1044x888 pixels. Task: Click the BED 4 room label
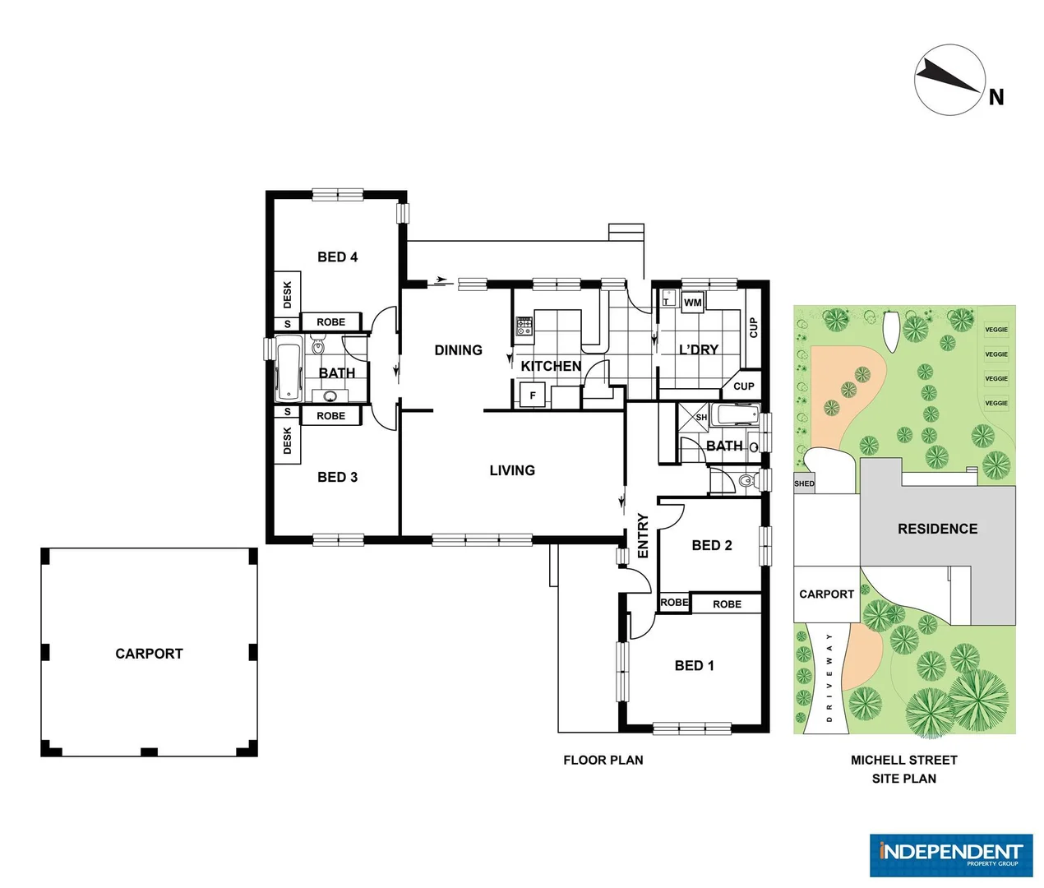coord(337,257)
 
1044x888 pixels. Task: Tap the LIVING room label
coord(512,470)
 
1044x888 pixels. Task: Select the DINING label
coord(458,350)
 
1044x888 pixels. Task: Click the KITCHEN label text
coord(551,366)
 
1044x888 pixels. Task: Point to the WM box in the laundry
coord(693,303)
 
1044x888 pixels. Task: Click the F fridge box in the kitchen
coord(533,395)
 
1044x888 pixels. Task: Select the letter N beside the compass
coord(996,97)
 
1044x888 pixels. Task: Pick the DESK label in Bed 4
coord(287,294)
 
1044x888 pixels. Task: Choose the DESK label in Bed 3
coord(287,440)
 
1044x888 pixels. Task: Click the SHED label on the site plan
coord(804,483)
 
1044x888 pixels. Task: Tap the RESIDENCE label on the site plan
coord(937,529)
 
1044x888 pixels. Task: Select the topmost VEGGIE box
coord(996,330)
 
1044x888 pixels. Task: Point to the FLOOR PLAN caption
coord(603,760)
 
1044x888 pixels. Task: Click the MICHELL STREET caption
coord(903,760)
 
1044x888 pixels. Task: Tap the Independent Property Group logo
coord(951,855)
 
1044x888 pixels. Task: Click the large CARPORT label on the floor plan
coord(149,654)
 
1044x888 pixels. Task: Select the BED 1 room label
coord(694,666)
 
